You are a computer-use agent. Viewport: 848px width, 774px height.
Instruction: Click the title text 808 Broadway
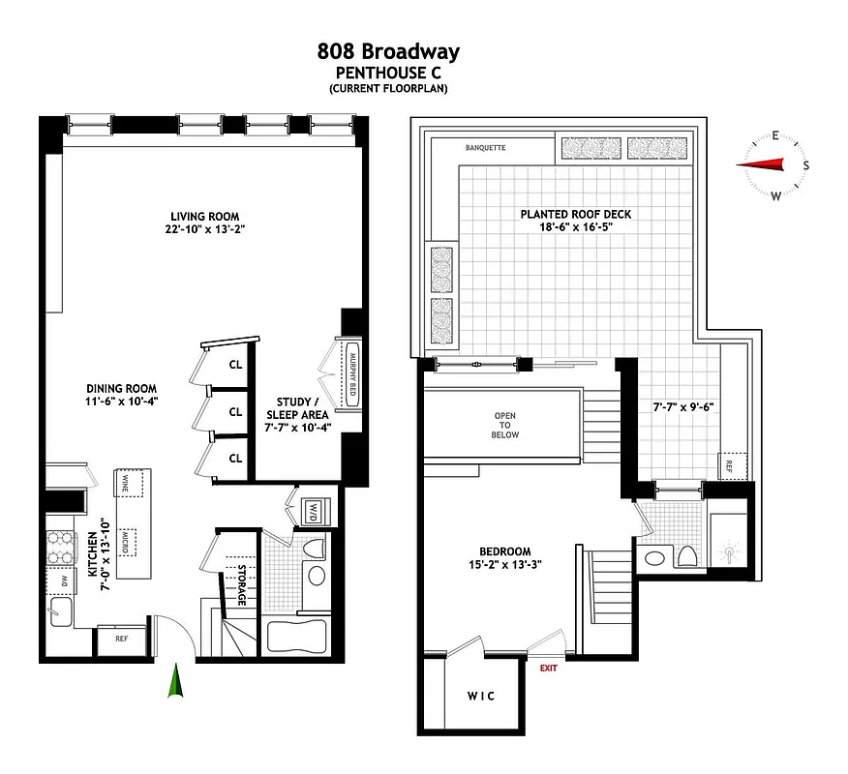click(x=387, y=51)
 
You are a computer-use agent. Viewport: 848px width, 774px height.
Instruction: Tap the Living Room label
click(x=204, y=217)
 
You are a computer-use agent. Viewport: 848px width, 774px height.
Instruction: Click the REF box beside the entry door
click(x=121, y=639)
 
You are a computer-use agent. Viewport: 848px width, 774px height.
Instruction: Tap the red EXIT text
click(x=549, y=668)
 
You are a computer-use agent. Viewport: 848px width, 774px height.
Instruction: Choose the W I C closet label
click(x=479, y=696)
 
